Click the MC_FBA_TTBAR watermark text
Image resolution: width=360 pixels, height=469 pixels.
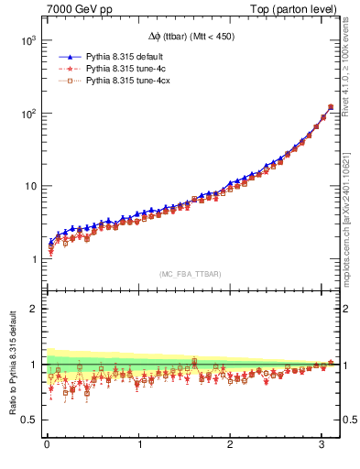[x=190, y=273]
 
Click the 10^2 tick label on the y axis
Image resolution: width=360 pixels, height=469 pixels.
[x=27, y=114]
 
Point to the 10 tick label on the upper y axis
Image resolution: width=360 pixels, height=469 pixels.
[x=28, y=186]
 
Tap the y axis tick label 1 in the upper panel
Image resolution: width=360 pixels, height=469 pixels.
[x=33, y=259]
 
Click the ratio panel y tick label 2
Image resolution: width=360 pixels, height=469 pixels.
[x=33, y=309]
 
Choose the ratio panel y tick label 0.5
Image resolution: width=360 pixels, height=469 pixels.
[x=28, y=420]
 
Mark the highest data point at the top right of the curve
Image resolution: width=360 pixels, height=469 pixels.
[x=330, y=107]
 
